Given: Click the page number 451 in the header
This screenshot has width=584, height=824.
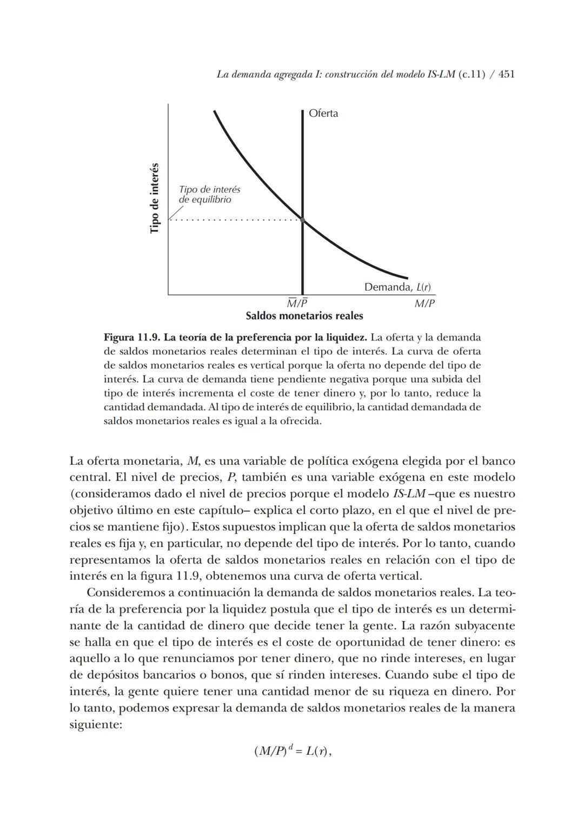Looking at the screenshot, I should click(506, 75).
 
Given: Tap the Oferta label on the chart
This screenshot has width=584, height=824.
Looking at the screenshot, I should click(323, 114).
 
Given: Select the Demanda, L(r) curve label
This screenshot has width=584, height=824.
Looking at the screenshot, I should click(397, 287).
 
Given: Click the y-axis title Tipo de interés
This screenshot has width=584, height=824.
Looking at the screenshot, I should click(155, 198).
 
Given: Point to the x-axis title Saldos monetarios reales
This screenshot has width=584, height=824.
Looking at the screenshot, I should click(304, 316).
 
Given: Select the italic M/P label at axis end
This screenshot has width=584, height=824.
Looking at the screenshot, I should click(424, 304).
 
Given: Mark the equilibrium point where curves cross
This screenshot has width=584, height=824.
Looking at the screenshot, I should click(302, 220).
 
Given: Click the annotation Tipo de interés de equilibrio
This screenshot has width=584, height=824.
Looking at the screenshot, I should click(209, 195).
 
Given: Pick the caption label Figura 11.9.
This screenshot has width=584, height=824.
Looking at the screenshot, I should click(132, 338).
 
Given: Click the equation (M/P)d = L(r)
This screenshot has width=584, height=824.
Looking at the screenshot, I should click(292, 751).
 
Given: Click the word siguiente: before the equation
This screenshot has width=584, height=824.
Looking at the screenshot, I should click(96, 724).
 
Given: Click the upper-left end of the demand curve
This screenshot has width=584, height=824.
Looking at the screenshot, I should click(215, 112).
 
